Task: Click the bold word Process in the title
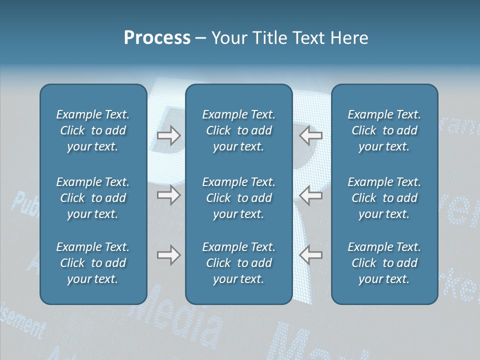(157, 38)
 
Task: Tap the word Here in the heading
(349, 38)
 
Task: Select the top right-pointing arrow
(169, 135)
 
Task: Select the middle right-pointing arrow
(169, 195)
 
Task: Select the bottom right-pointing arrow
(169, 255)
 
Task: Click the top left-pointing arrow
(310, 135)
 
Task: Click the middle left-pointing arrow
(310, 195)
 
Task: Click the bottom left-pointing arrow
(310, 255)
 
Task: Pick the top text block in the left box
(93, 130)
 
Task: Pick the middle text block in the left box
(93, 198)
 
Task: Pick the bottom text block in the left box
(93, 263)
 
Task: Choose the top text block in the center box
(238, 130)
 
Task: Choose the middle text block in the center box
(238, 198)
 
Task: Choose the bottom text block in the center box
(238, 263)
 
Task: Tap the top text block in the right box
(384, 130)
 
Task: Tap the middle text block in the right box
(384, 198)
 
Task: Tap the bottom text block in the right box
(384, 263)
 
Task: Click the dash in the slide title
(200, 38)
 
